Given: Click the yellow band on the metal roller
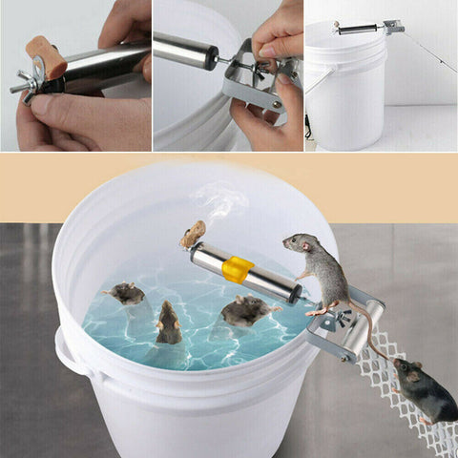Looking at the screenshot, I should click(238, 269).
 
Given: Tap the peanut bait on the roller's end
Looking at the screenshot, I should click(194, 234).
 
